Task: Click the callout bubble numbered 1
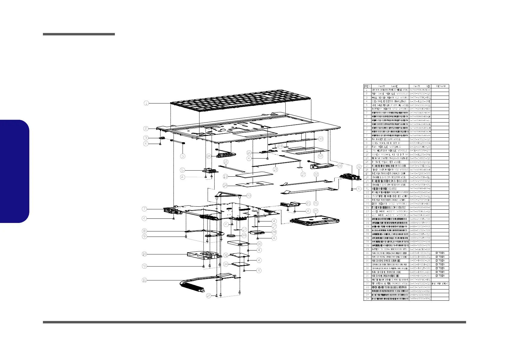[x=146, y=103]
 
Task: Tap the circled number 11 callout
[x=144, y=280]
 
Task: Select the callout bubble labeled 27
[x=316, y=211]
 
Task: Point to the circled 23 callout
[x=249, y=195]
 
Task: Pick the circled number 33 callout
[x=321, y=139]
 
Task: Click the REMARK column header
[x=441, y=86]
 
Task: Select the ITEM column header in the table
[x=367, y=86]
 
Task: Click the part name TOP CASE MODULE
[x=390, y=94]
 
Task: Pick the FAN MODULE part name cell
[x=390, y=147]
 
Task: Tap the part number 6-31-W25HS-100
[x=420, y=147]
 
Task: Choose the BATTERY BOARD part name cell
[x=390, y=109]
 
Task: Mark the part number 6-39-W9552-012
[x=420, y=94]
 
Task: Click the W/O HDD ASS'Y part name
[x=390, y=211]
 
